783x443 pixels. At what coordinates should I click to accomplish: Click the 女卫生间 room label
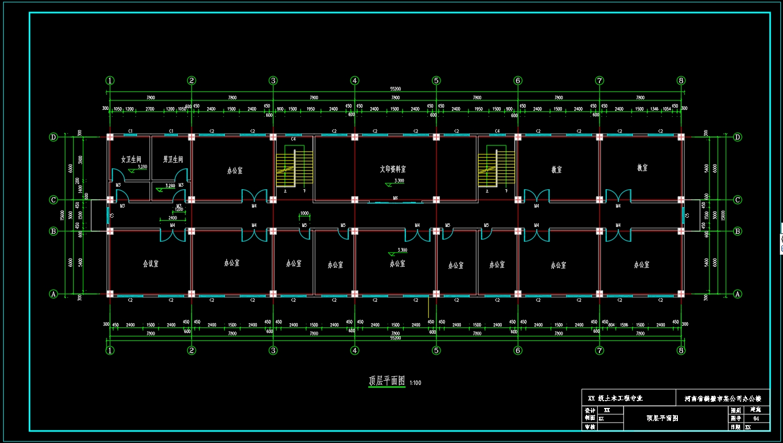tap(131, 160)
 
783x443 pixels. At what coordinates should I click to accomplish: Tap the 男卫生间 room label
tap(173, 160)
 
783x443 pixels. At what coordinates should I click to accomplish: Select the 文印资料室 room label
tap(393, 169)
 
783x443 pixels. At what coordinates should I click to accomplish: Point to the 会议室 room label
tap(151, 264)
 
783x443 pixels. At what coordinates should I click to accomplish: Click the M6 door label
tap(395, 198)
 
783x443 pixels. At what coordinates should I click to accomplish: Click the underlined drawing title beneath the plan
tap(387, 381)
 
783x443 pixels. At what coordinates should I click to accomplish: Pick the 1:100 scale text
tap(415, 383)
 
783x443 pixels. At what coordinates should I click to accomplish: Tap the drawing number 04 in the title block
tap(756, 418)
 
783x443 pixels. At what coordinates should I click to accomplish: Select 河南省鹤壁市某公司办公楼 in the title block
tap(723, 399)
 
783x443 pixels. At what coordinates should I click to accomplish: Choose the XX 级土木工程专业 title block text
tap(615, 399)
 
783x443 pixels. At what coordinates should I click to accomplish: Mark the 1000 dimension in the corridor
tap(304, 213)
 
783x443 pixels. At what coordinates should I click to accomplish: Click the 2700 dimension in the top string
tap(150, 109)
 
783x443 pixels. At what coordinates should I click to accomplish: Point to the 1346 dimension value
tap(654, 109)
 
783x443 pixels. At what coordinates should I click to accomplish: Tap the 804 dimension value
tap(611, 325)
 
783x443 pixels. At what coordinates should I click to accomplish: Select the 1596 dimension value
tap(624, 325)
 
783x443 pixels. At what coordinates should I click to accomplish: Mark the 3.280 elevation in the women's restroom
tap(142, 167)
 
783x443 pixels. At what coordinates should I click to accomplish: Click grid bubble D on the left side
tap(53, 137)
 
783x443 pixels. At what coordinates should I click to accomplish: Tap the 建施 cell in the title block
tap(756, 410)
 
